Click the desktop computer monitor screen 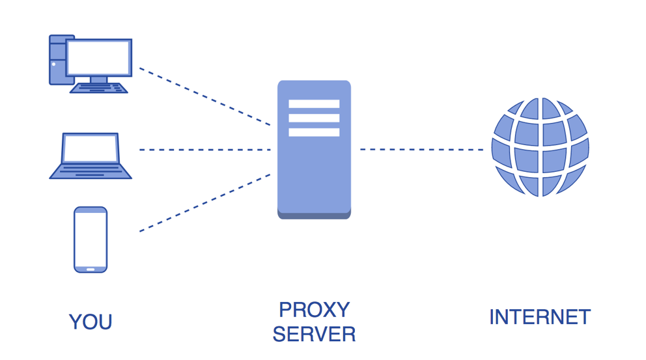pyautogui.click(x=98, y=58)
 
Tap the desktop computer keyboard pyautogui.click(x=99, y=88)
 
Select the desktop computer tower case pyautogui.click(x=58, y=60)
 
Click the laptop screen pyautogui.click(x=91, y=148)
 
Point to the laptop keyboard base pyautogui.click(x=91, y=171)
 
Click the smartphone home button pyautogui.click(x=91, y=270)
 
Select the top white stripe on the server pyautogui.click(x=314, y=104)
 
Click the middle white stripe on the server pyautogui.click(x=314, y=118)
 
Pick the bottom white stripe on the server pyautogui.click(x=314, y=132)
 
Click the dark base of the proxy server pyautogui.click(x=314, y=215)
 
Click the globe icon pyautogui.click(x=540, y=147)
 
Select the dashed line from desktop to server pyautogui.click(x=204, y=96)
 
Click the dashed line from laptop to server pyautogui.click(x=204, y=150)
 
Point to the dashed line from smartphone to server pyautogui.click(x=204, y=203)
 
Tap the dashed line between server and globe pyautogui.click(x=421, y=150)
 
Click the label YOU pyautogui.click(x=91, y=322)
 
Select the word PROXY pyautogui.click(x=315, y=310)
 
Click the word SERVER pyautogui.click(x=315, y=334)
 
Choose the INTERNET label pyautogui.click(x=540, y=317)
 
